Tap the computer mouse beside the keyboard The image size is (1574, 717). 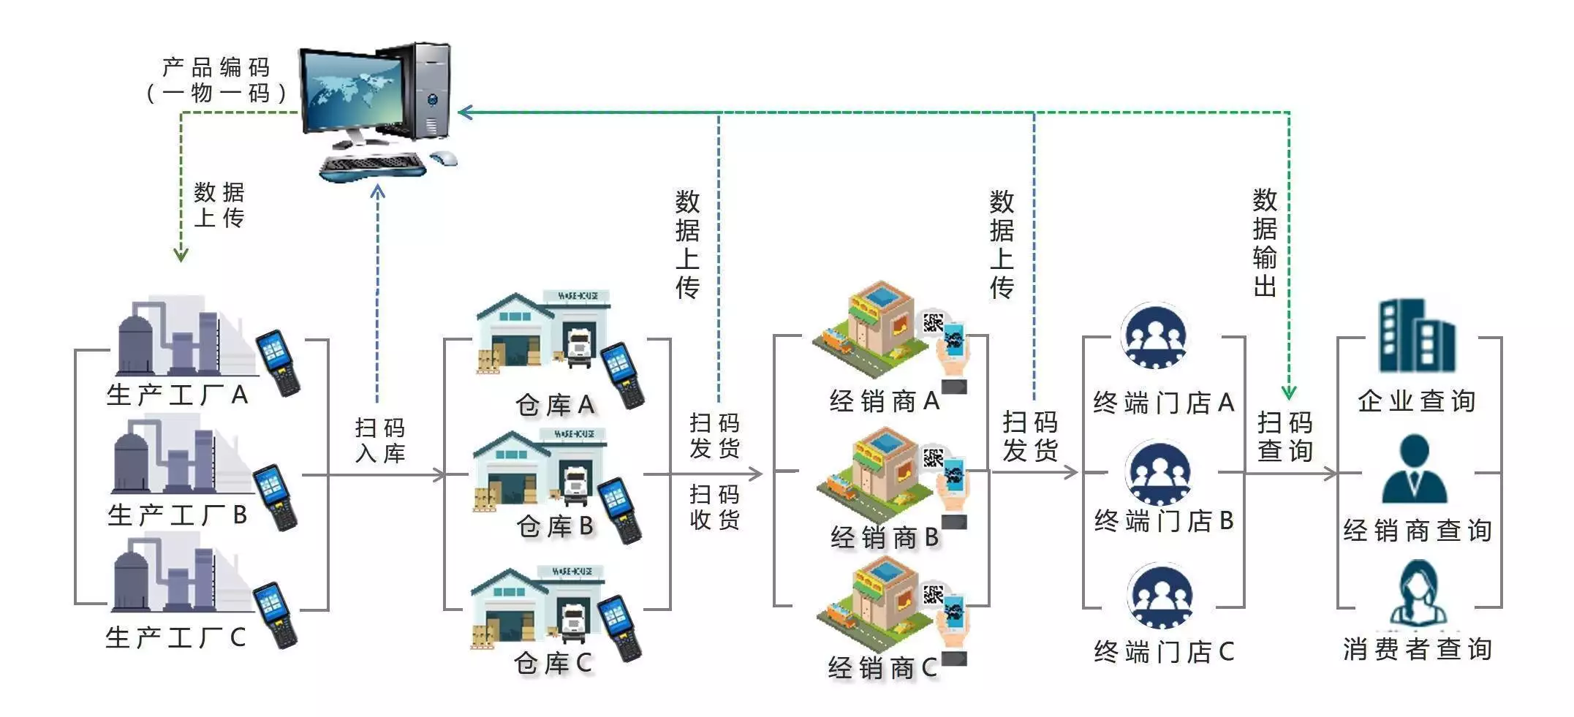click(443, 158)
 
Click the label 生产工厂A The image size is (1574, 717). click(177, 395)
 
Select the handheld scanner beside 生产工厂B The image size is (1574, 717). click(275, 497)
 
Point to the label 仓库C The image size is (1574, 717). click(553, 663)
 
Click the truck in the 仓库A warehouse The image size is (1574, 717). click(578, 347)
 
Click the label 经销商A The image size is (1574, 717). click(884, 401)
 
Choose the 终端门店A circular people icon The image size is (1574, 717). click(1154, 336)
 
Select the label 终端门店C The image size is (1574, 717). click(1164, 651)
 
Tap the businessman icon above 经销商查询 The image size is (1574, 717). click(1415, 469)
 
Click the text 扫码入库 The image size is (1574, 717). click(380, 440)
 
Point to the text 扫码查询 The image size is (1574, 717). click(1285, 436)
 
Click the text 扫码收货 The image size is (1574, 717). click(714, 507)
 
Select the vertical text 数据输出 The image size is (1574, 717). click(1265, 243)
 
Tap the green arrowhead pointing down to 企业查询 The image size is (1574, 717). click(1289, 392)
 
